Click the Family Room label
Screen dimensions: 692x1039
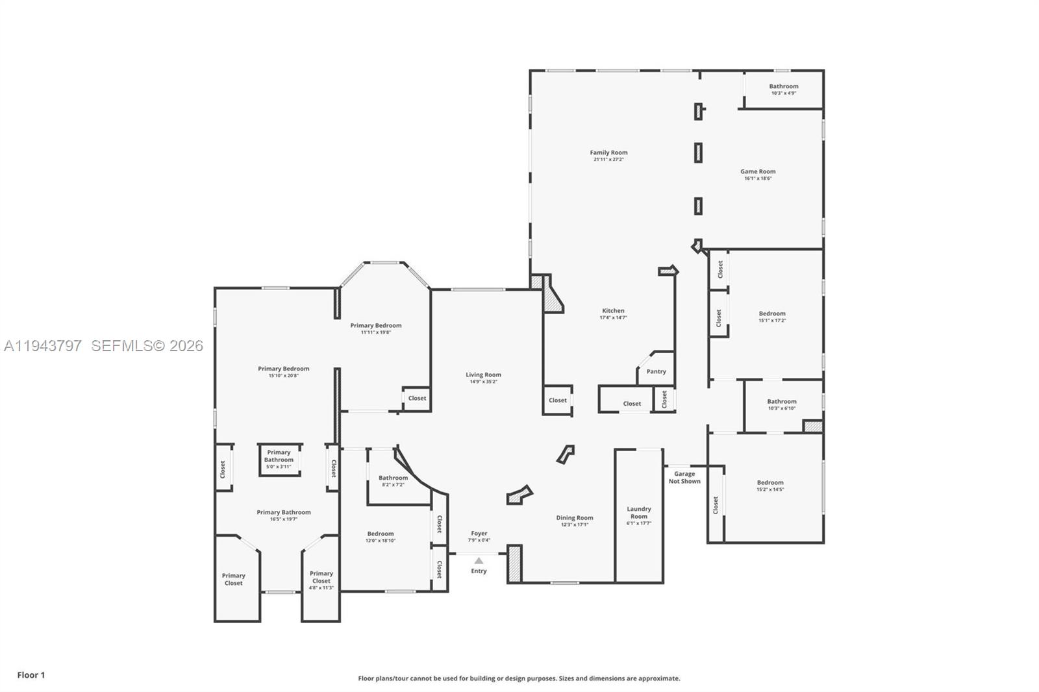(608, 153)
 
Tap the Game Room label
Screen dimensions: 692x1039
(758, 172)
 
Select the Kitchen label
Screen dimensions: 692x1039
(613, 311)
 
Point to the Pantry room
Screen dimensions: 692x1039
(656, 371)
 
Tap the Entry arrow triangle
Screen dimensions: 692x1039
(479, 561)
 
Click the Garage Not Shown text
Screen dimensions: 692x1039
(684, 477)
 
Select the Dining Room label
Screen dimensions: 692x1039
(575, 518)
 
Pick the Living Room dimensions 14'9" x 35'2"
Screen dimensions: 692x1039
(483, 382)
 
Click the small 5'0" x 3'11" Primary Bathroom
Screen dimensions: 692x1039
(279, 460)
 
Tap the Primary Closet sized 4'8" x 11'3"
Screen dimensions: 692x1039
(321, 580)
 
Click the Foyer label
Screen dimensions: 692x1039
(479, 534)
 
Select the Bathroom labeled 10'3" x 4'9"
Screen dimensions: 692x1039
(784, 89)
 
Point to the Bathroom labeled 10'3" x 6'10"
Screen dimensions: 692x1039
(781, 404)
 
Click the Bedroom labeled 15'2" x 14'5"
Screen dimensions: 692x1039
(770, 486)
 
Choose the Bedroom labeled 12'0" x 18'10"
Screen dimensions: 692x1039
(381, 537)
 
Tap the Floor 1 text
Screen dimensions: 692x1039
(31, 675)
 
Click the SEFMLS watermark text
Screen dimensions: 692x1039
(147, 346)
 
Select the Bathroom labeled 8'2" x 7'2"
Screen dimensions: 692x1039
(393, 481)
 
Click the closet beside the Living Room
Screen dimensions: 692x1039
(557, 401)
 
